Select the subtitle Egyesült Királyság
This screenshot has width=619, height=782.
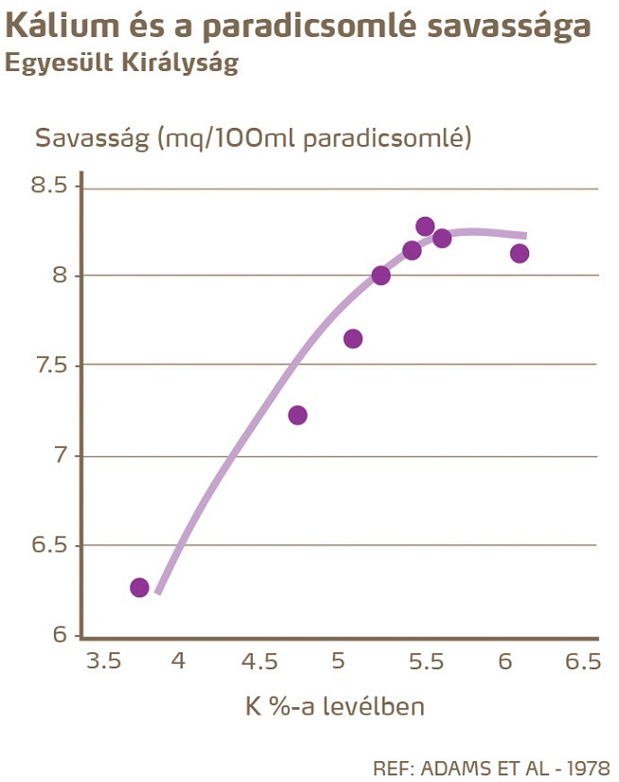[121, 64]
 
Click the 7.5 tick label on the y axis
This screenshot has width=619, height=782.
[48, 366]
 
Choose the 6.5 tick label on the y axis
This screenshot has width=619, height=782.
[48, 546]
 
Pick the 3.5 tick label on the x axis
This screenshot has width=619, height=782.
[105, 662]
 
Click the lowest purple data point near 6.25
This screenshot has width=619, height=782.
[139, 588]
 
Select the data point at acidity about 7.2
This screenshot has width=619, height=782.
[297, 416]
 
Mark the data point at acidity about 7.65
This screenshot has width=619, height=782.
[353, 339]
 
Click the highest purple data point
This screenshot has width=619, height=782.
[425, 226]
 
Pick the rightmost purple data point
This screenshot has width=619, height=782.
[520, 254]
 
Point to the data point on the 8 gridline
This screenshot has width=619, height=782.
[380, 275]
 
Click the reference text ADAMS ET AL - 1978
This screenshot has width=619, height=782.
[515, 766]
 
